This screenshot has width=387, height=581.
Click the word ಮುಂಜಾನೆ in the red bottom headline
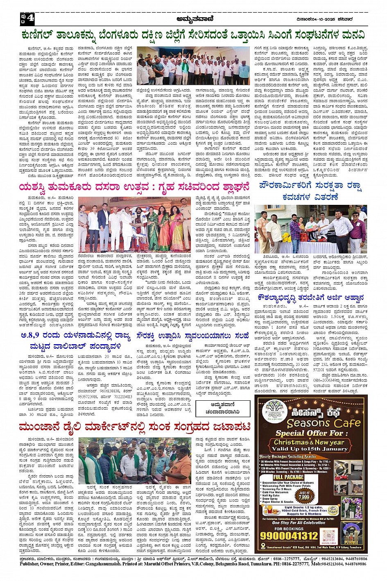pyautogui.click(x=41, y=427)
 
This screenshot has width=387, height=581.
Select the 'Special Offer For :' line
pyautogui.click(x=309, y=433)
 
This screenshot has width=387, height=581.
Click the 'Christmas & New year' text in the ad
pyautogui.click(x=308, y=442)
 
